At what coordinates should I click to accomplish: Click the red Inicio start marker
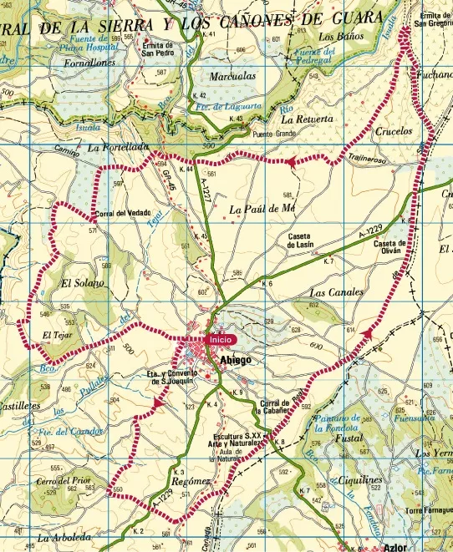[x=221, y=339]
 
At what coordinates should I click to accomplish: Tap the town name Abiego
[x=235, y=360]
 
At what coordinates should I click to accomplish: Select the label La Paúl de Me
[x=263, y=208]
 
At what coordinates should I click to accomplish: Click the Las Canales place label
[x=336, y=293]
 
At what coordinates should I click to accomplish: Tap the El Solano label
[x=83, y=284]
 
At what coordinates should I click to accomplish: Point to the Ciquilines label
[x=355, y=481]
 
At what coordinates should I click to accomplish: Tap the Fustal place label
[x=346, y=437]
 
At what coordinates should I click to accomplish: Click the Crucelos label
[x=394, y=131]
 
